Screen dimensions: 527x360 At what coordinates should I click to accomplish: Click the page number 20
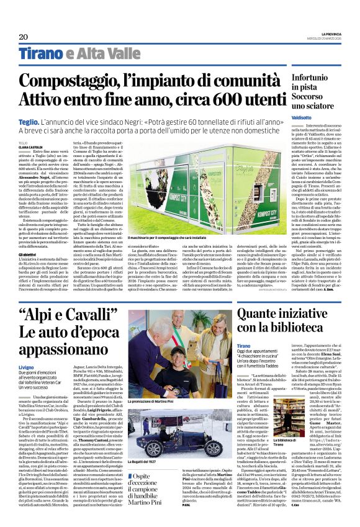pyautogui.click(x=24, y=36)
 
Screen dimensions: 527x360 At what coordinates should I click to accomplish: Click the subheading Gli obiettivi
pyautogui.click(x=30, y=253)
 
